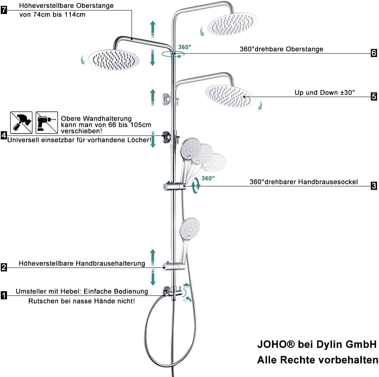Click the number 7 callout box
pos(4,10)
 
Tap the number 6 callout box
pos(374,53)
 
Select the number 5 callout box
pos(374,96)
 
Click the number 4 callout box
pos(4,135)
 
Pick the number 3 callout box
pos(374,186)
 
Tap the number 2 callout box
pos(4,267)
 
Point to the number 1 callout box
pos(4,296)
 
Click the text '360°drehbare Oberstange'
pos(281,49)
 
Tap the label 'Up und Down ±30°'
pos(325,93)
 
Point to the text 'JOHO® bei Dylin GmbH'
pos(317,344)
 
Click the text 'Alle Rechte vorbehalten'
pos(317,360)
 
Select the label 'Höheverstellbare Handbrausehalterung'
pos(82,264)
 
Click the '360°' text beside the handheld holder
pos(207,178)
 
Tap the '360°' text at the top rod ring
pos(185,47)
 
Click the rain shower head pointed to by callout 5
pos(230,96)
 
